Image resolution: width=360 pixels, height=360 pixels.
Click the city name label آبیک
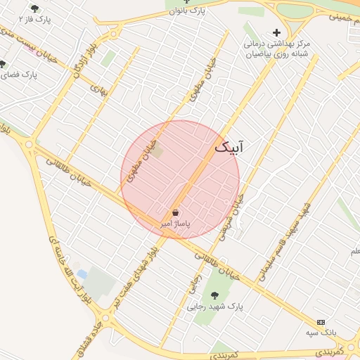click(x=231, y=147)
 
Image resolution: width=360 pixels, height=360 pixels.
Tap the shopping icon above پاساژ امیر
click(x=175, y=213)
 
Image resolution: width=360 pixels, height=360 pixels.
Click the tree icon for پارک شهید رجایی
click(x=214, y=295)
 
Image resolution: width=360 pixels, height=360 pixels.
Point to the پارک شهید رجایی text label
click(x=214, y=307)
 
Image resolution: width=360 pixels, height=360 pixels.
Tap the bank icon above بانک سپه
click(x=321, y=321)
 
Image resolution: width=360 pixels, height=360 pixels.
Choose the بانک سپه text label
click(x=321, y=331)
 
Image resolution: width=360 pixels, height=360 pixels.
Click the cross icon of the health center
click(x=276, y=32)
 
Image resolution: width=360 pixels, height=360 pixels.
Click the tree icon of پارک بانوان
click(x=186, y=2)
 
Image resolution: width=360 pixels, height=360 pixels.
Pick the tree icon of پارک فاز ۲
click(x=35, y=8)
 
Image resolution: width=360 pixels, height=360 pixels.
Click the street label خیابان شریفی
click(x=233, y=217)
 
